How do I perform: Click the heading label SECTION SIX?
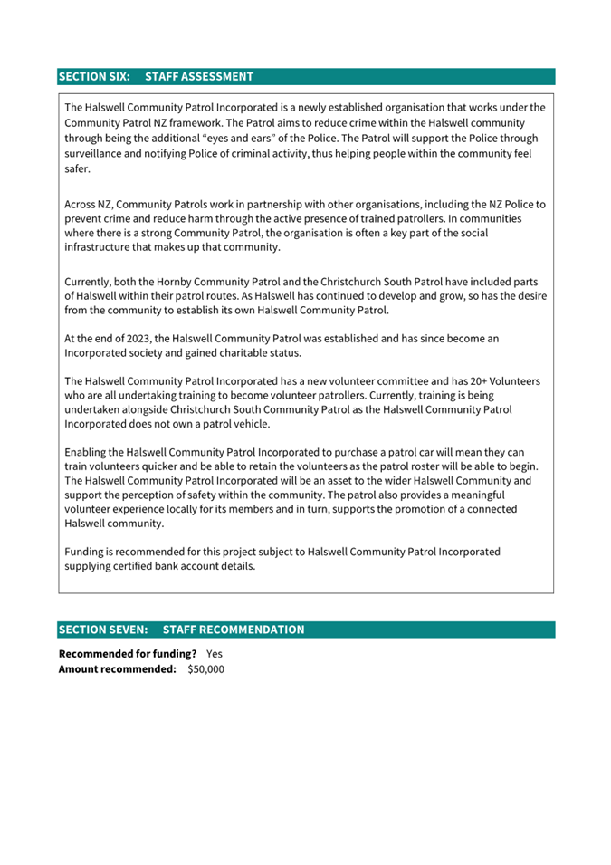(x=94, y=77)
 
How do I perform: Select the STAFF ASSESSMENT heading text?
(x=198, y=77)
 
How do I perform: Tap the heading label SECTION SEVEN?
(x=103, y=630)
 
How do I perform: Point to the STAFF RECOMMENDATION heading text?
(x=234, y=630)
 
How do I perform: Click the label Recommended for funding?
(x=128, y=653)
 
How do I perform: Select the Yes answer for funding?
(x=215, y=653)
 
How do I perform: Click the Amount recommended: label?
(x=117, y=669)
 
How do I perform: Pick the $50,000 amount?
(x=205, y=669)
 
